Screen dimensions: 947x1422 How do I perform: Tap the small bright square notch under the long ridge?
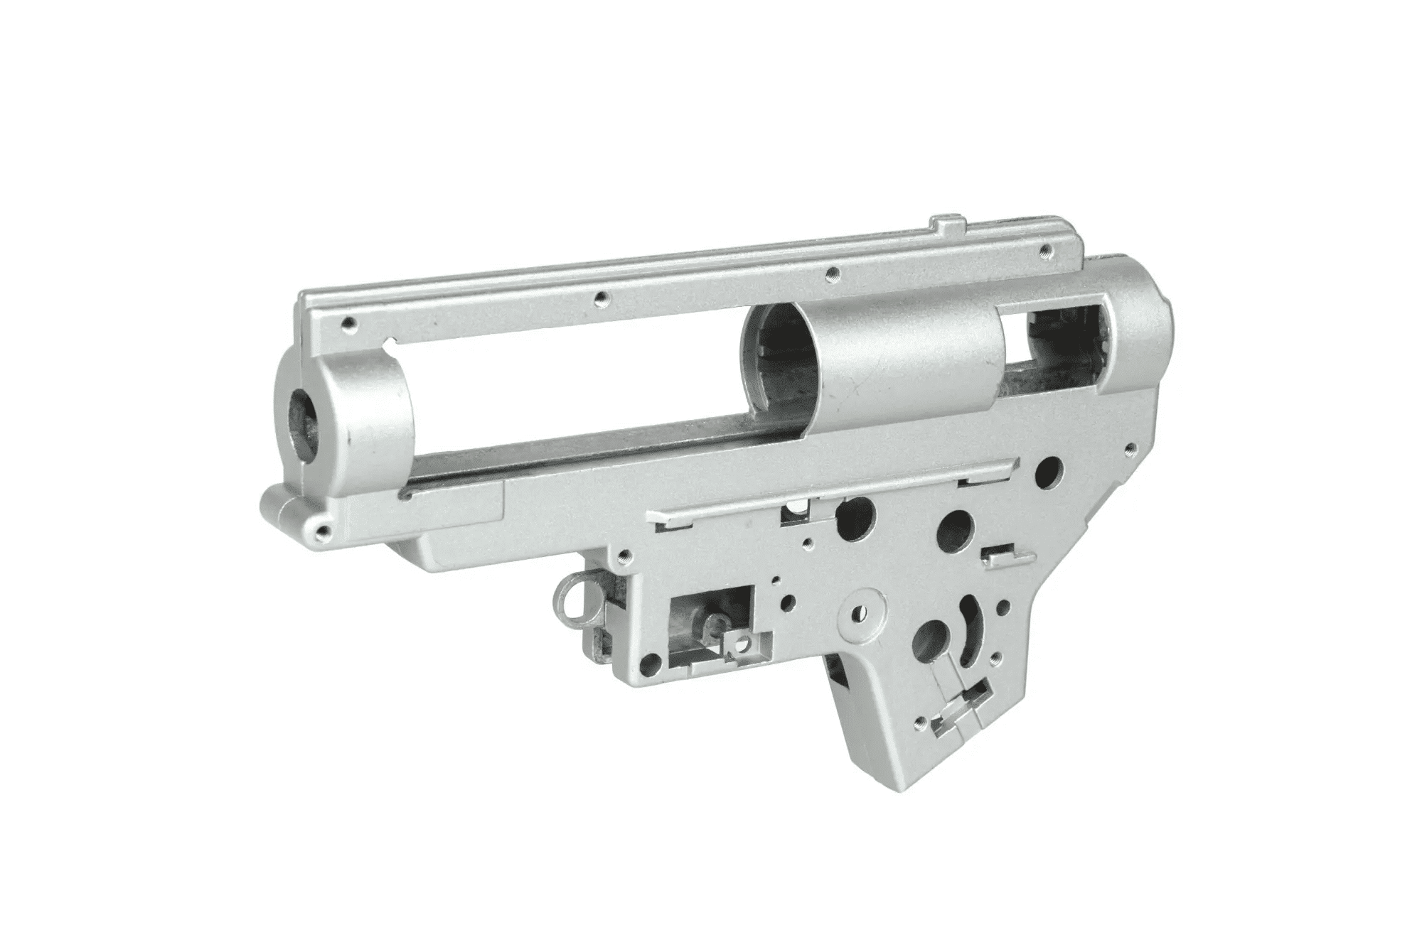pos(795,506)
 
